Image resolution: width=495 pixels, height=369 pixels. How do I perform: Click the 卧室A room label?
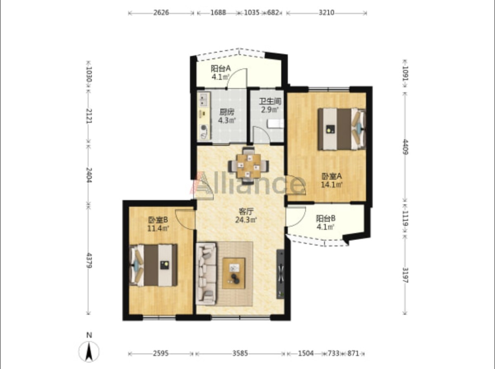(x=332, y=176)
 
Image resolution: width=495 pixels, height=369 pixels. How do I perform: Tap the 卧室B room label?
(x=158, y=220)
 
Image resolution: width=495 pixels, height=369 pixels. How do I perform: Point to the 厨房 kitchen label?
(x=227, y=112)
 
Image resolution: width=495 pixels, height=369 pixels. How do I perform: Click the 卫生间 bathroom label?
(x=270, y=101)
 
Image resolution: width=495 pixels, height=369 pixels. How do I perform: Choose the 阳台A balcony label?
(x=221, y=69)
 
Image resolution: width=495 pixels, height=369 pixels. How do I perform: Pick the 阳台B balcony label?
(x=325, y=218)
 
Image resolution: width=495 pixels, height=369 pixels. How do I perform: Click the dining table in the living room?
(x=249, y=166)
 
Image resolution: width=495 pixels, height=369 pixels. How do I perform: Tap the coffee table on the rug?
(x=233, y=273)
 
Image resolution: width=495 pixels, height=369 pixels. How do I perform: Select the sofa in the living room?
(x=206, y=274)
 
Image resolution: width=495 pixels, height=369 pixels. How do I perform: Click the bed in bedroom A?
(x=342, y=129)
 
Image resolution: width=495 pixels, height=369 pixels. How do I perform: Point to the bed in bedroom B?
(x=153, y=265)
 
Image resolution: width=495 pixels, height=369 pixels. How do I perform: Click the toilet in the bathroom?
(x=276, y=124)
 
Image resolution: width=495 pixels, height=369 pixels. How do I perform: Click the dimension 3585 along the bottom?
(x=240, y=353)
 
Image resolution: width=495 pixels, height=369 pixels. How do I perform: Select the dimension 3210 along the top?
(x=326, y=12)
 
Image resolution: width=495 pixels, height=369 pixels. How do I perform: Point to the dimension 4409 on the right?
(x=405, y=147)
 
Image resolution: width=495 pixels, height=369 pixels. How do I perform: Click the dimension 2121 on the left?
(x=89, y=116)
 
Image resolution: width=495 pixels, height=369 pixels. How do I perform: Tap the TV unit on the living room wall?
(x=280, y=274)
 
